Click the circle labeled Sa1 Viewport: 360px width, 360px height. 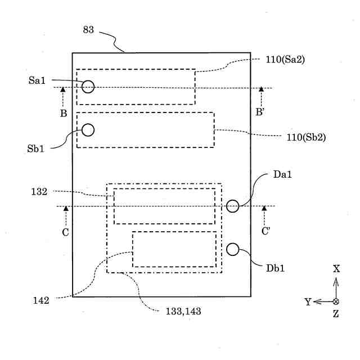point(88,87)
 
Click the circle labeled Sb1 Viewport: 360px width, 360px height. point(88,130)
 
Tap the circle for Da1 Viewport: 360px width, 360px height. point(232,206)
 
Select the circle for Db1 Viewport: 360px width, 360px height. point(232,249)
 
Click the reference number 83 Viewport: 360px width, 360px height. point(88,30)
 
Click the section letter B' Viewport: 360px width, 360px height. point(260,112)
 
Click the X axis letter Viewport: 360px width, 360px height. point(336,269)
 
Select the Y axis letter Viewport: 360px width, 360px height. point(308,302)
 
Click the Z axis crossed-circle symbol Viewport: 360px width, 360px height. point(336,301)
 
